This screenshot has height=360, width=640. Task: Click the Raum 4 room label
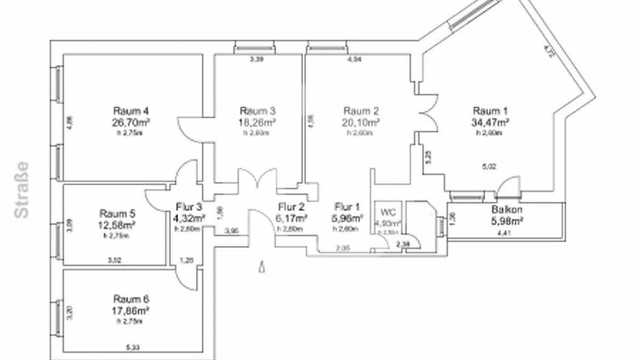pyautogui.click(x=131, y=111)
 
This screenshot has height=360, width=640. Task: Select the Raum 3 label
pyautogui.click(x=258, y=111)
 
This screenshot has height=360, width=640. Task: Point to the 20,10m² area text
pyautogui.click(x=361, y=122)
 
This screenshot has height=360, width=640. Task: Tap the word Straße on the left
pyautogui.click(x=22, y=190)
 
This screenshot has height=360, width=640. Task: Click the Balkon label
pyautogui.click(x=506, y=210)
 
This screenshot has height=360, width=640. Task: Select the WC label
pyautogui.click(x=387, y=212)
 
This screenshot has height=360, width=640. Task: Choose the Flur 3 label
pyautogui.click(x=189, y=207)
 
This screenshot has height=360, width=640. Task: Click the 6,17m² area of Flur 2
pyautogui.click(x=292, y=218)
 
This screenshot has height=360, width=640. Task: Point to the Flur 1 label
pyautogui.click(x=347, y=206)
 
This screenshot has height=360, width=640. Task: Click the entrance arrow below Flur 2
pyautogui.click(x=261, y=267)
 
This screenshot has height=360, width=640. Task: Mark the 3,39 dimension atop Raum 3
pyautogui.click(x=257, y=59)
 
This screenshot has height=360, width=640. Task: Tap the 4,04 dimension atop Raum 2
pyautogui.click(x=354, y=59)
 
